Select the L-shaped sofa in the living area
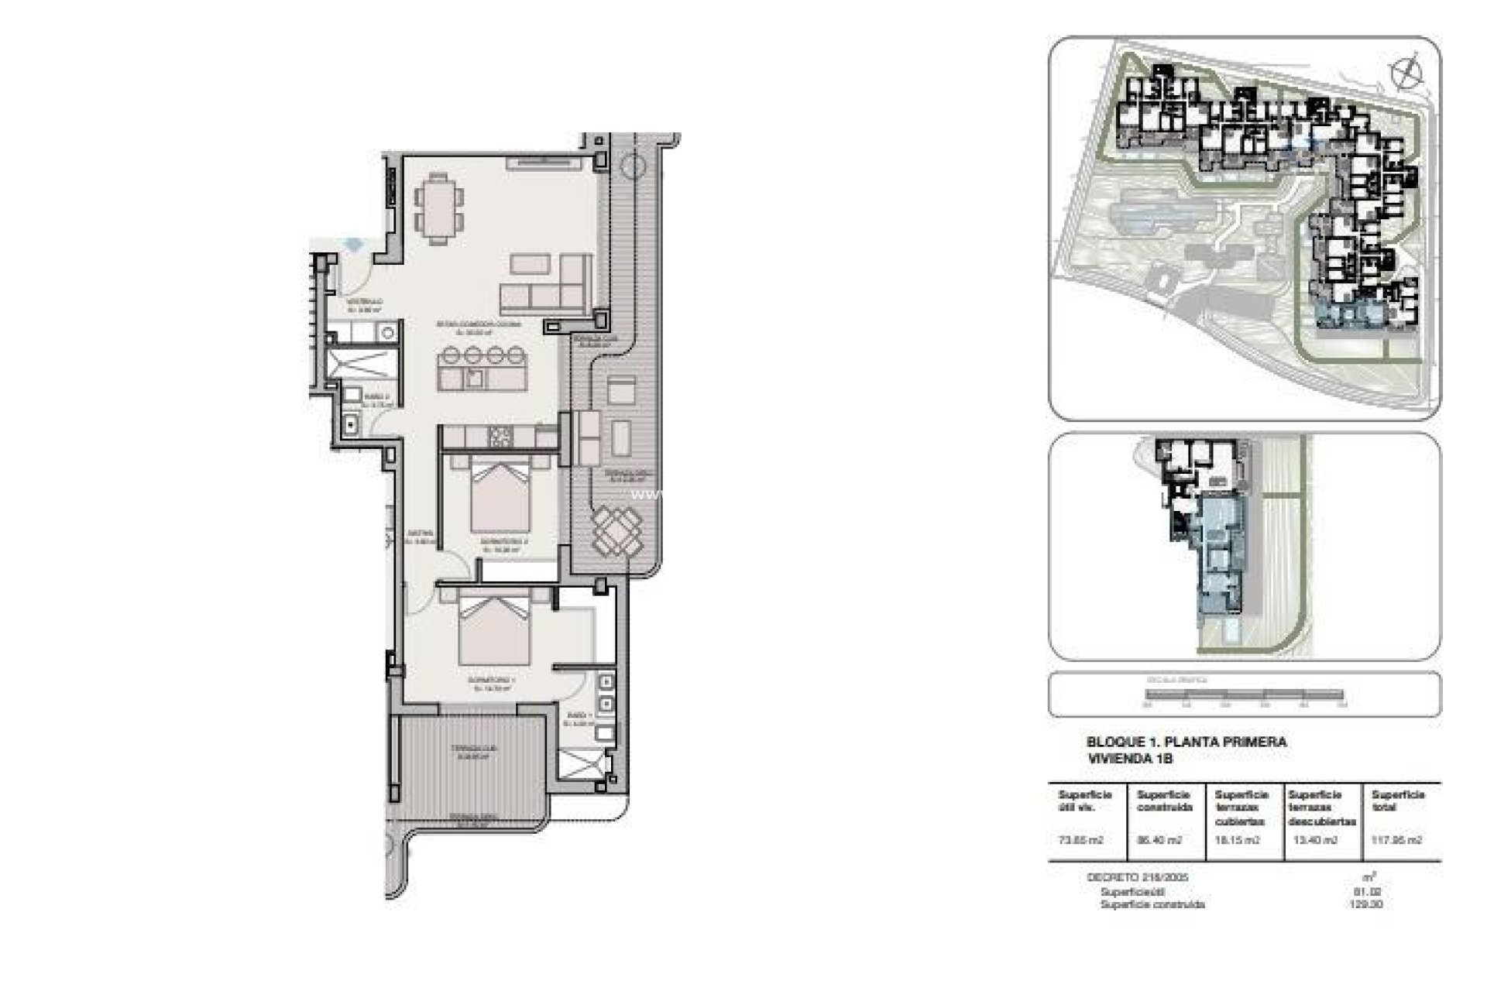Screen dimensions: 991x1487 point(544,284)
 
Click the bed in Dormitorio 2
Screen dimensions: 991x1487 point(500,495)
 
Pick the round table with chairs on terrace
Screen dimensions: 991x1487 point(617,530)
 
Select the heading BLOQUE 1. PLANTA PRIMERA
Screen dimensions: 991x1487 point(1186,742)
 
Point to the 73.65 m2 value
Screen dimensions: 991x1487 point(1080,840)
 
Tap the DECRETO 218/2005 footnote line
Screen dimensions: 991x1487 point(1137,877)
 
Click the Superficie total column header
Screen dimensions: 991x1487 point(1398,801)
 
